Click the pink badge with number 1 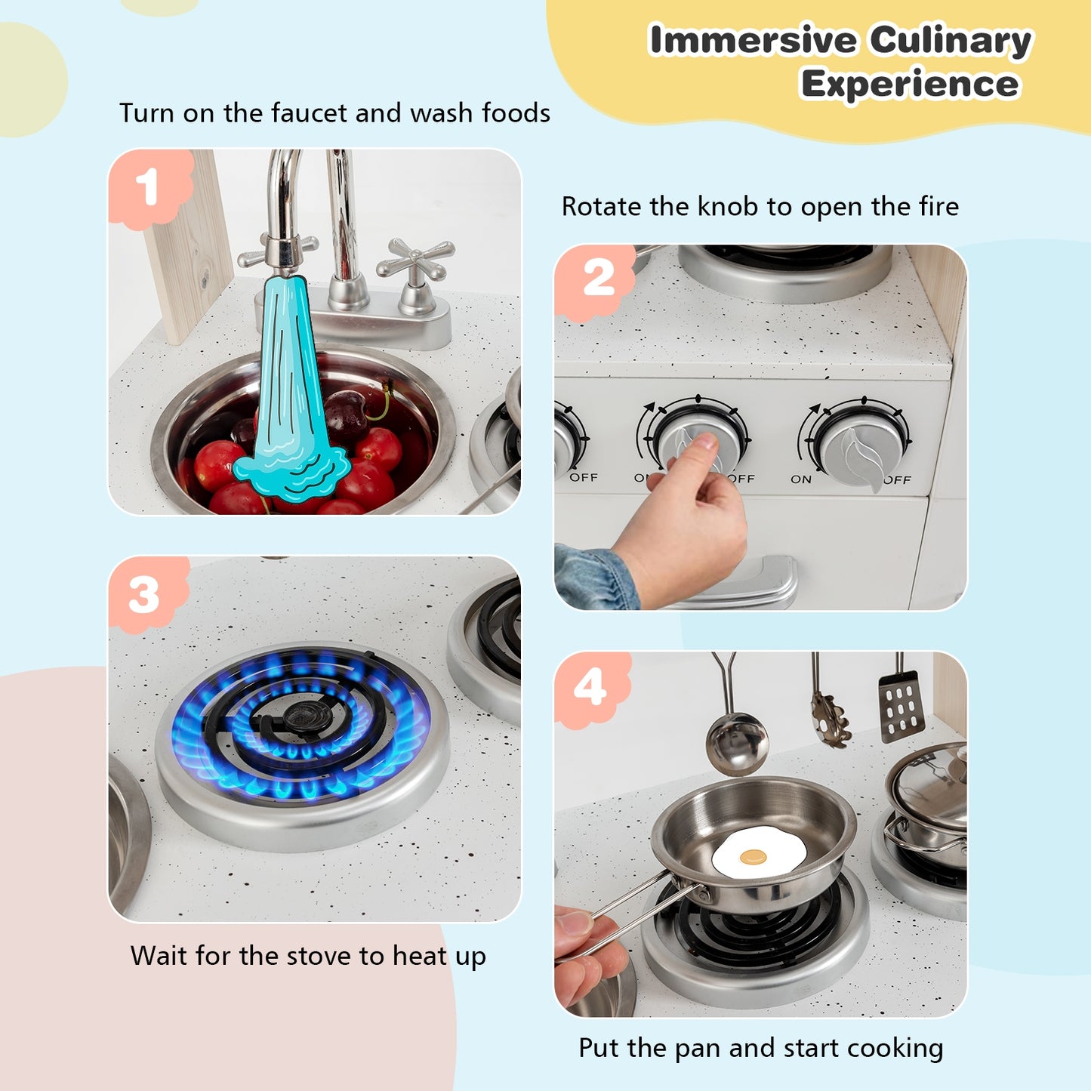coord(149,187)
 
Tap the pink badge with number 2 coord(596,279)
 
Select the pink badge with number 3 coord(146,595)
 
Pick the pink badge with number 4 coord(591,688)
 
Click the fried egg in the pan coord(759,853)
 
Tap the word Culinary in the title coord(950,40)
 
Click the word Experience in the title coord(910,84)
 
